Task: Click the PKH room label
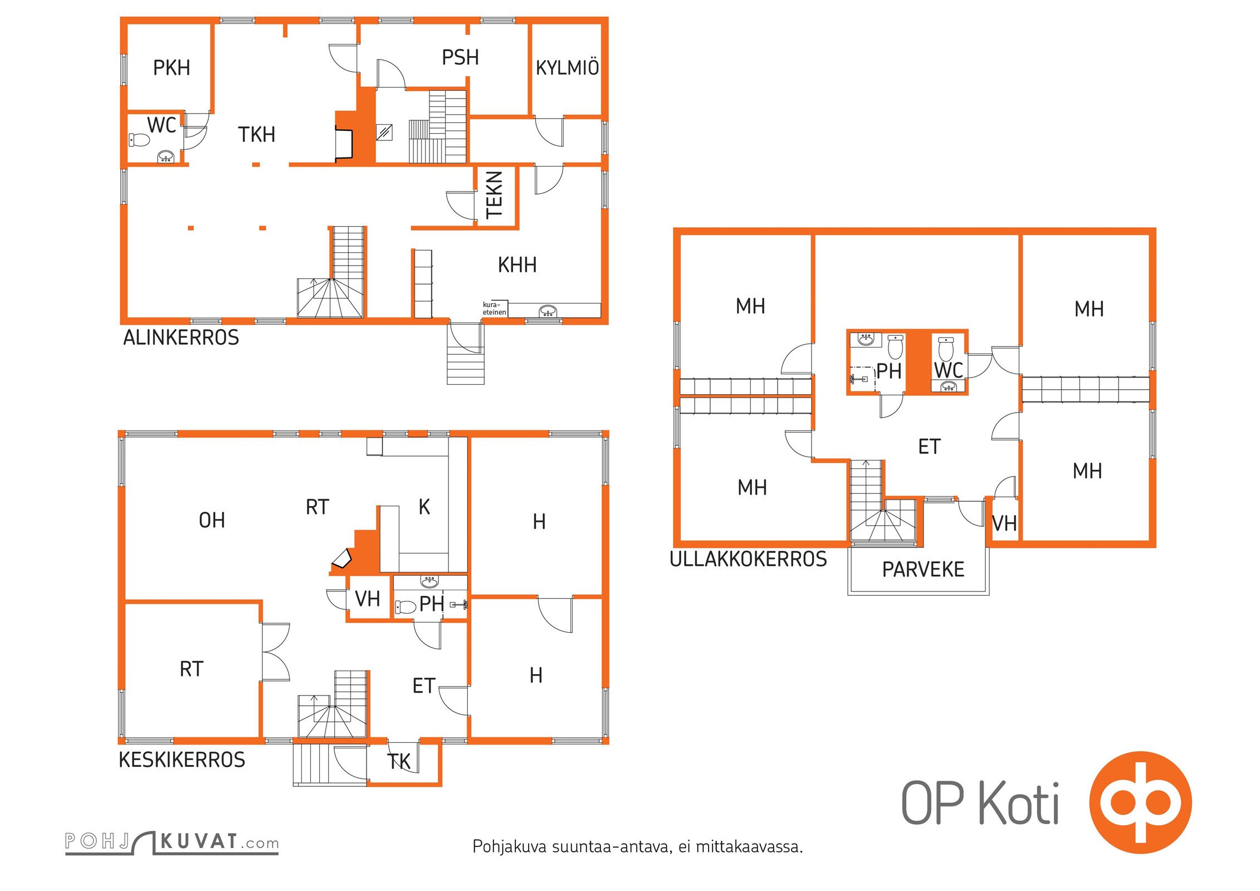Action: [x=172, y=68]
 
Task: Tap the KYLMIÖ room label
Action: [x=567, y=67]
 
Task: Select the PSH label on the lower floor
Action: [x=460, y=57]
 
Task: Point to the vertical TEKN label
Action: [x=495, y=195]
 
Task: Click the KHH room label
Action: [x=517, y=265]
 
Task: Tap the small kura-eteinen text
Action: [x=494, y=308]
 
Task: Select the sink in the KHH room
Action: [x=548, y=311]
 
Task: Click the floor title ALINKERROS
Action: [x=181, y=337]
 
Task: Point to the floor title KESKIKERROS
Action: [x=182, y=760]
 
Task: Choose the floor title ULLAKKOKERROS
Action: [x=748, y=559]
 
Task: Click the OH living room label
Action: [x=212, y=520]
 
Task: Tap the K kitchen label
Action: [x=424, y=507]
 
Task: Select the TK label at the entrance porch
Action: [x=399, y=761]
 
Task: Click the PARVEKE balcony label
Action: [x=923, y=569]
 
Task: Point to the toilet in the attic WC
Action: [x=946, y=348]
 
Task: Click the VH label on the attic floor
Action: [x=1004, y=523]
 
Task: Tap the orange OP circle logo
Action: [x=1140, y=802]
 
